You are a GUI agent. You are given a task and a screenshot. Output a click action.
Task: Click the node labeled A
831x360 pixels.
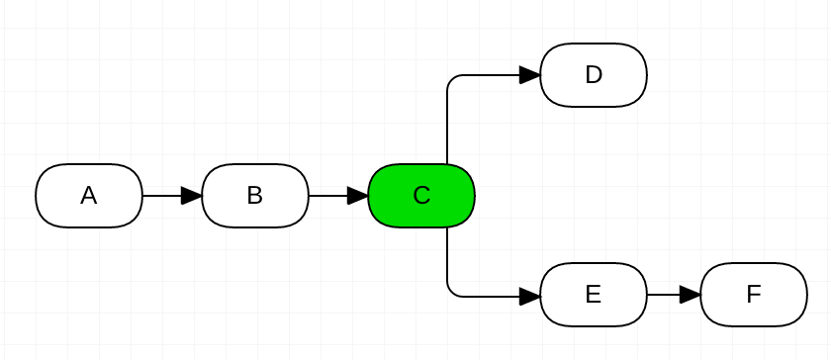(89, 196)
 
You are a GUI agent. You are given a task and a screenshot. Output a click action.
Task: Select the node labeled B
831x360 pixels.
(255, 196)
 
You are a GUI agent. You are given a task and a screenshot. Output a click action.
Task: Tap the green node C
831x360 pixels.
(421, 196)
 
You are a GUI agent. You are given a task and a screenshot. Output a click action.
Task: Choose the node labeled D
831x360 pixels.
(594, 75)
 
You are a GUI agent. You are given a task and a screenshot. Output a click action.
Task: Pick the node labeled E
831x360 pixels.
(594, 295)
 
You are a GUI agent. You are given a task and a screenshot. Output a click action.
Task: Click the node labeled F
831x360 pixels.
(754, 295)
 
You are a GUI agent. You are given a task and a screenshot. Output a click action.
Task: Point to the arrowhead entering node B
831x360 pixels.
(192, 196)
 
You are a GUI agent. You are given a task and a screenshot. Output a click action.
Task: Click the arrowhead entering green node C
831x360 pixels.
(358, 196)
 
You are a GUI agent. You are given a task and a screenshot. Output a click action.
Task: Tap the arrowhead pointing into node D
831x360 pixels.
(530, 75)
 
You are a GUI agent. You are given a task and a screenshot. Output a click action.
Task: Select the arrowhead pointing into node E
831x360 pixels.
(530, 295)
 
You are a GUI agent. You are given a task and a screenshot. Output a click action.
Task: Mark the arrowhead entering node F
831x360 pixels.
(691, 295)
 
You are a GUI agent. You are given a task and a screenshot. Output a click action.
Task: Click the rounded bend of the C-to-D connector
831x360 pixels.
(451, 79)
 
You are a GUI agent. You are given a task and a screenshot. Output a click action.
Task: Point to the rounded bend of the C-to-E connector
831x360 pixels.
(451, 291)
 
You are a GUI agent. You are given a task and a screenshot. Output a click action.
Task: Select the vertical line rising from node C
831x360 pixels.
(447, 124)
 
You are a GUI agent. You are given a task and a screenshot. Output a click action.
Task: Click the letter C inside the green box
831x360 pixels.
(421, 196)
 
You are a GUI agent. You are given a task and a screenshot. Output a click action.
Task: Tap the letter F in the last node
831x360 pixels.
(754, 295)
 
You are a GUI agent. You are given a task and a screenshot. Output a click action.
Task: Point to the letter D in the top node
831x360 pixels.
(594, 75)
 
